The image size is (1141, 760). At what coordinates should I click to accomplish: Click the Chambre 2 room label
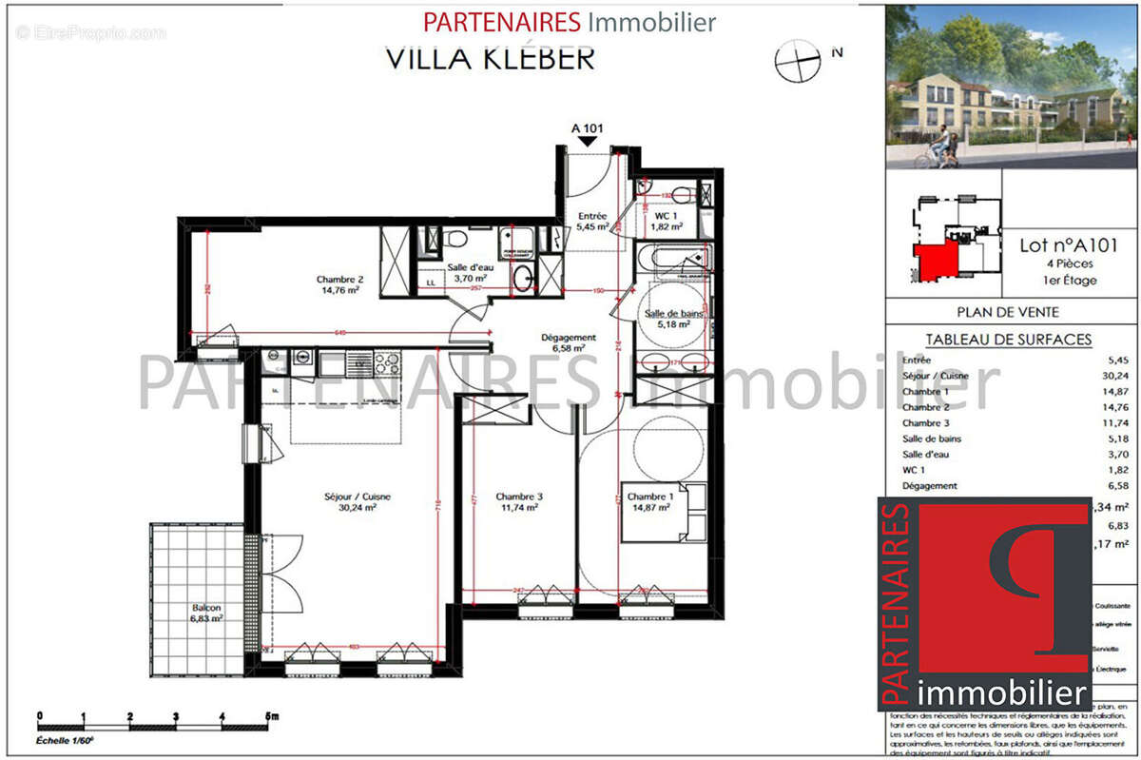click(339, 284)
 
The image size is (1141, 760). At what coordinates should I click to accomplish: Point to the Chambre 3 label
click(519, 501)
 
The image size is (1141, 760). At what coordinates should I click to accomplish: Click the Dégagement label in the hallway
click(568, 342)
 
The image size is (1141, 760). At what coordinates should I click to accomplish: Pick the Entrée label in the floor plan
click(592, 221)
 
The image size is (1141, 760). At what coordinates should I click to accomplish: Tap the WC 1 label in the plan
click(667, 221)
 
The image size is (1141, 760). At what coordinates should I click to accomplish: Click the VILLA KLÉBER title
click(490, 58)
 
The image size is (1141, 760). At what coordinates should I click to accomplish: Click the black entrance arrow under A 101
click(588, 141)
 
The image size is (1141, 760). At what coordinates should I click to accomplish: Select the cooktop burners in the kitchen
click(385, 362)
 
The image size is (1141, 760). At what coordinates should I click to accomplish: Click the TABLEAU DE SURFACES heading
click(1008, 340)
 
